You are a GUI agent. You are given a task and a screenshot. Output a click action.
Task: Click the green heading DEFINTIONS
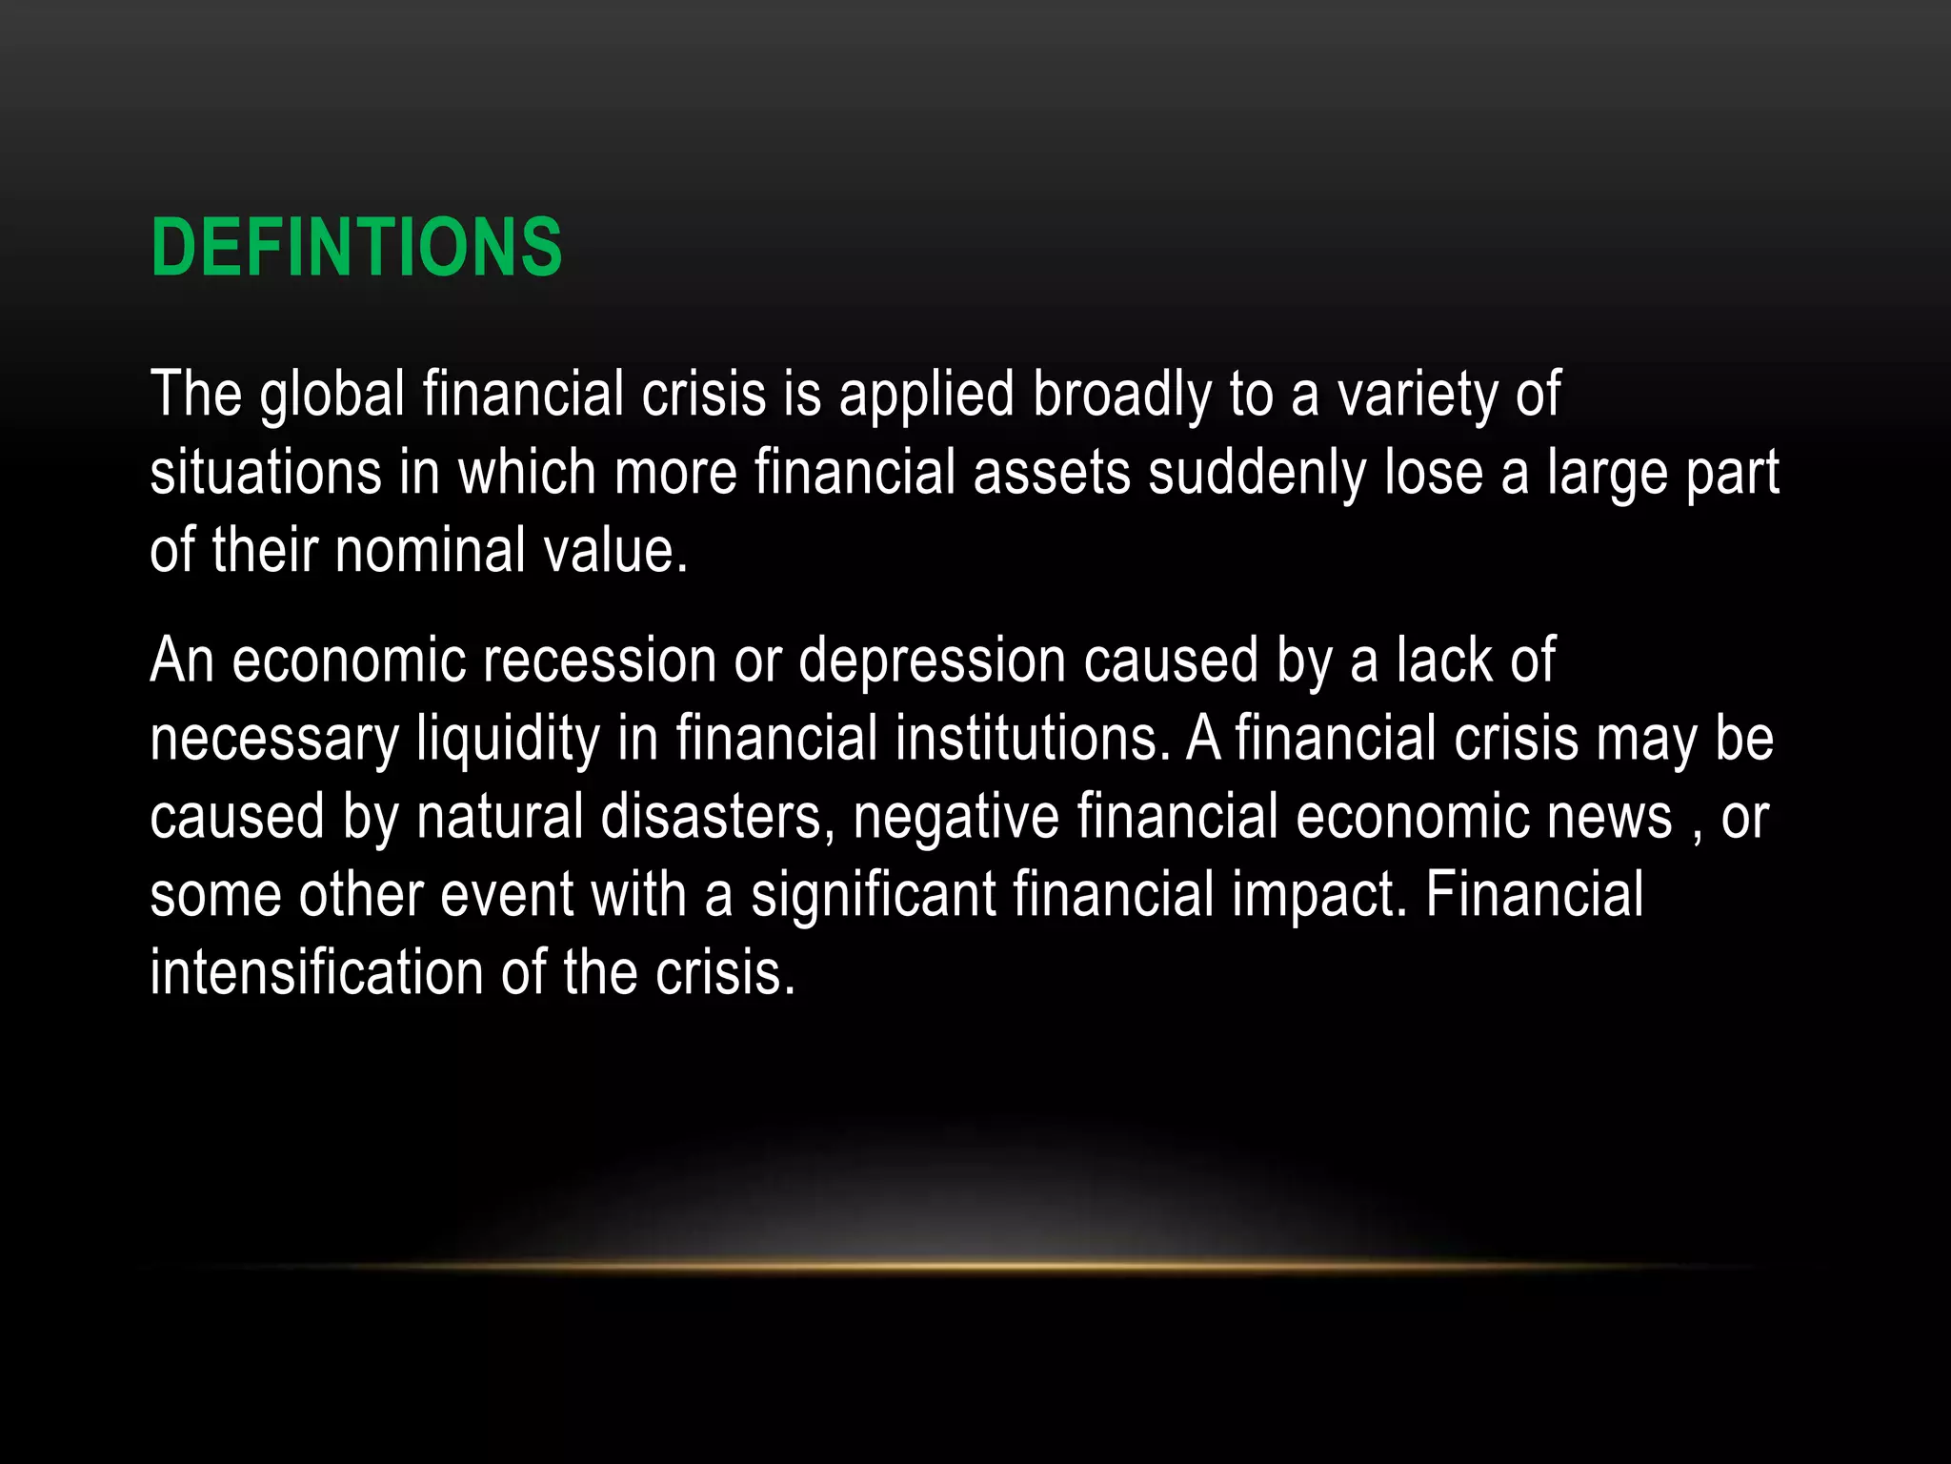pos(356,248)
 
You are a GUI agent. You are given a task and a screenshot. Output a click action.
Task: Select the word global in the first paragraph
pos(332,395)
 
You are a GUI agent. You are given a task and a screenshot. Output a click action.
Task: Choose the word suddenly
pos(1257,473)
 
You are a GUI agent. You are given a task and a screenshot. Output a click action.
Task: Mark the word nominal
pos(430,551)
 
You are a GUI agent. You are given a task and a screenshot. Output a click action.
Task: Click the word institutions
pos(1026,740)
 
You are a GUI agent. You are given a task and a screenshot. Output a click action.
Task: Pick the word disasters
pos(711,818)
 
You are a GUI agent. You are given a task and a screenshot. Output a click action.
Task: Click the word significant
pos(873,896)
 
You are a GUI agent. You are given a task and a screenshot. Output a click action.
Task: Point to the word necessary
pos(274,740)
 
